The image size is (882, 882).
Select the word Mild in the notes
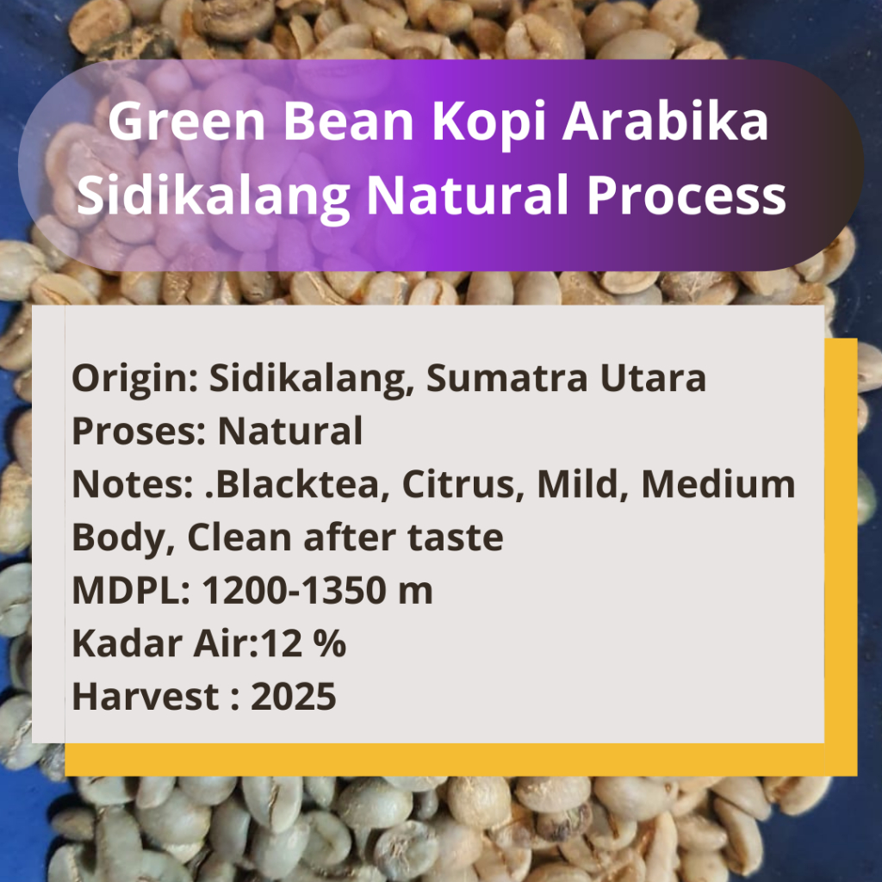click(581, 485)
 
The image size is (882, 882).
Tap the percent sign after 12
click(329, 644)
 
